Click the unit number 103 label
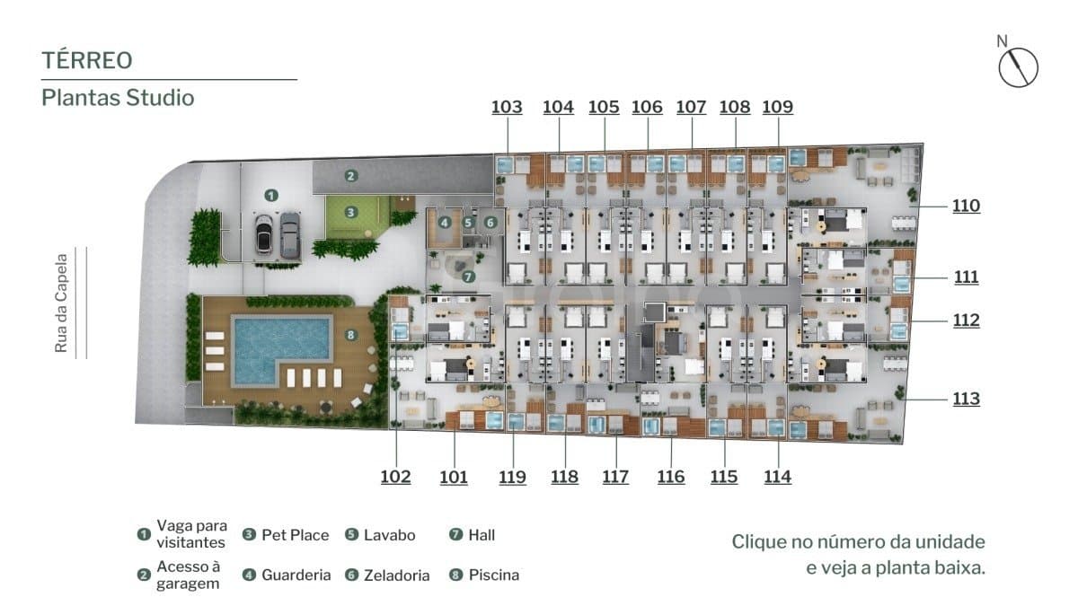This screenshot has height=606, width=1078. pos(507,107)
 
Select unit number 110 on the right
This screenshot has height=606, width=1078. pos(966,206)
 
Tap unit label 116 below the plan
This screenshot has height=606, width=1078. pos(671,477)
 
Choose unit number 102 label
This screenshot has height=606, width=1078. pos(395,477)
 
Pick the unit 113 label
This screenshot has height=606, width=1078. pos(966,399)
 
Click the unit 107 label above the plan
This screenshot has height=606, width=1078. pos(691,107)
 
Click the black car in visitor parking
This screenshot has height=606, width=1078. pos(264,234)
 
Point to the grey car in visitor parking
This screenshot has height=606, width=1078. pos(289,235)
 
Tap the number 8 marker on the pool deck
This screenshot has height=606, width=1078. pos(351,335)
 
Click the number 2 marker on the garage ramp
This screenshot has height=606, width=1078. pos(351,176)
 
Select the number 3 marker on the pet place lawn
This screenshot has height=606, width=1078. pos(351,212)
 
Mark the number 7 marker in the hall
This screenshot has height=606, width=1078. pos(468,277)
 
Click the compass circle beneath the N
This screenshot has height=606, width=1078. pos(1019,68)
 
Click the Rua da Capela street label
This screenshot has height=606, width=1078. pos(61,303)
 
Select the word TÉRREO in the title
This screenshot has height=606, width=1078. pos(87,60)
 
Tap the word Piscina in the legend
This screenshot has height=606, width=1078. pos(494,575)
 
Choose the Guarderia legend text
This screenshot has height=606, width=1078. pos(296,575)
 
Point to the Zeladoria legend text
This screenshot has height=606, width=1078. pos(396,575)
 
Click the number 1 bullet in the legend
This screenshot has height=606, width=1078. pos(144,534)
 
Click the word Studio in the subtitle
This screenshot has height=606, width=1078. pos(160,98)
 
